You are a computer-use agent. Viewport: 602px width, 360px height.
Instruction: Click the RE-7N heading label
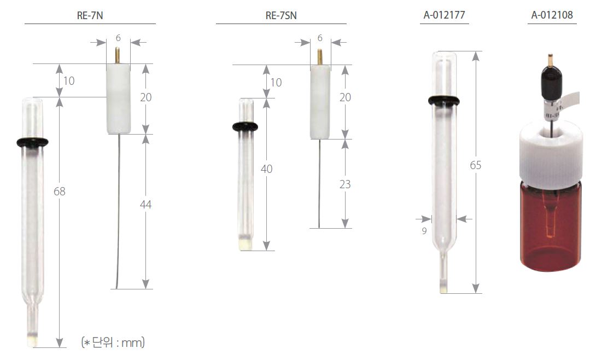pos(90,15)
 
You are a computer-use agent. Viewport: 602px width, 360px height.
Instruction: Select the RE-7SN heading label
pos(281,15)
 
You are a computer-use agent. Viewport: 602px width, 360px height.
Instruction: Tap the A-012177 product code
pos(444,15)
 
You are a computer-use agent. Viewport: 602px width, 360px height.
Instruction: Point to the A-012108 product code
pos(552,15)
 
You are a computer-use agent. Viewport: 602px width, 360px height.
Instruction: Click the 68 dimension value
pos(60,191)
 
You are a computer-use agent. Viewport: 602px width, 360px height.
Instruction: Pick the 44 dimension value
pos(145,205)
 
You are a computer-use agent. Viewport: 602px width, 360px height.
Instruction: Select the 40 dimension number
pos(266,169)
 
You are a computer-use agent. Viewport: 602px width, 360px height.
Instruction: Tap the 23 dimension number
pos(345,184)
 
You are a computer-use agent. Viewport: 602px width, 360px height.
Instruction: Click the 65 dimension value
pos(475,165)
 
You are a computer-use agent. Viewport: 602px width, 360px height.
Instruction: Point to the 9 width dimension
pos(424,231)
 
